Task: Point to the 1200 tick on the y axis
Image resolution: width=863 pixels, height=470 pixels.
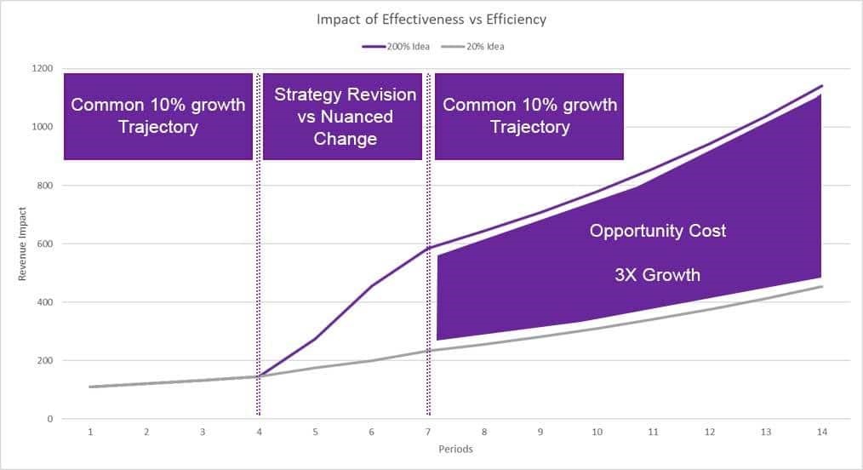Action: (x=43, y=69)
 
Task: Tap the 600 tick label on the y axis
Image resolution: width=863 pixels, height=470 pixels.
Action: (x=45, y=244)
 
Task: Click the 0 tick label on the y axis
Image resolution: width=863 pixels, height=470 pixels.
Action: (x=50, y=419)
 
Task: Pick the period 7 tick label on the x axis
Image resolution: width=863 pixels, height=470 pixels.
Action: (x=428, y=433)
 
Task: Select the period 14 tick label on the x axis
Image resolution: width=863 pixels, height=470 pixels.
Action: (x=821, y=433)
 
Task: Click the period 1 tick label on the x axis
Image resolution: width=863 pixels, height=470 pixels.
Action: (x=90, y=433)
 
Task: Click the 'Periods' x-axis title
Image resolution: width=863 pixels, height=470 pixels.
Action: (x=456, y=450)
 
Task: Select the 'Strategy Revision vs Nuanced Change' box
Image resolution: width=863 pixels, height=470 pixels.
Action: (x=345, y=116)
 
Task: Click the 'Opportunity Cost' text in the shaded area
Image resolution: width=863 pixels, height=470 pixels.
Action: (x=658, y=231)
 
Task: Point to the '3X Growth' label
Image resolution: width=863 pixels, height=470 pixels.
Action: (x=658, y=275)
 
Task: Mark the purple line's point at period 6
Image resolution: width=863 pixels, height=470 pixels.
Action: (x=372, y=285)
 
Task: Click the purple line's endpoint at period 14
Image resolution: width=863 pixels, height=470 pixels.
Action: (x=821, y=86)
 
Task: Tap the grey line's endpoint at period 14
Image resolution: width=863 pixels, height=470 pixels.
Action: (x=821, y=287)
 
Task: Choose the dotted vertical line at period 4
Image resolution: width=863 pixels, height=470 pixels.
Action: (x=258, y=255)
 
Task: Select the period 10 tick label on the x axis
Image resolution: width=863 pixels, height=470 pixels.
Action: (x=597, y=433)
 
